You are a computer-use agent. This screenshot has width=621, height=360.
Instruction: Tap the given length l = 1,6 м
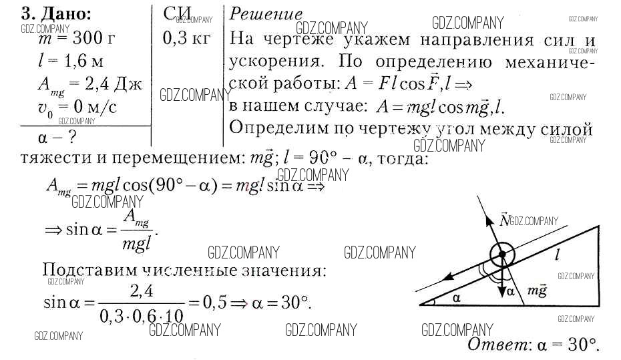tap(71, 62)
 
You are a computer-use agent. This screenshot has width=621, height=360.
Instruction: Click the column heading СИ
tap(178, 14)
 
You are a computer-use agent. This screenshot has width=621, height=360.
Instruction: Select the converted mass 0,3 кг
tap(186, 38)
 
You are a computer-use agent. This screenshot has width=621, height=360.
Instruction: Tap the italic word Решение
tap(265, 14)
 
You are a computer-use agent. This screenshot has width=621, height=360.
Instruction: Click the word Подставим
tap(87, 271)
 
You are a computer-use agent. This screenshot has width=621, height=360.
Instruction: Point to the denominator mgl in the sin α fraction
tap(138, 243)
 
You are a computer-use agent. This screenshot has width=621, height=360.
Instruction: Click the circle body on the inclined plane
tap(501, 254)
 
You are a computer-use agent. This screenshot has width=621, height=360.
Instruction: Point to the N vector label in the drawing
tap(504, 220)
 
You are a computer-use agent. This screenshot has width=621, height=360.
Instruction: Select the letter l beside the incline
tap(557, 254)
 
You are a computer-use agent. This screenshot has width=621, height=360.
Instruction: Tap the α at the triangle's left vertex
tap(456, 297)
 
